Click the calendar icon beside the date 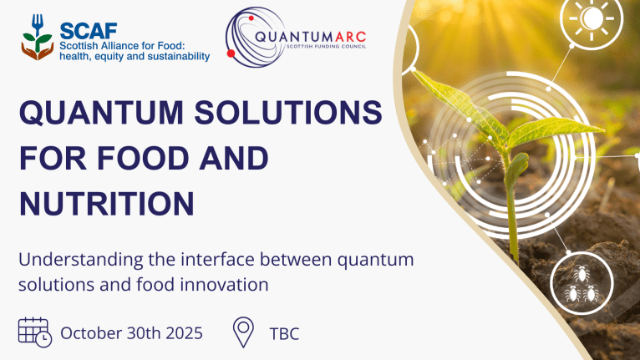point(35,332)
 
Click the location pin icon point(243,332)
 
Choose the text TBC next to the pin point(284,333)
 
